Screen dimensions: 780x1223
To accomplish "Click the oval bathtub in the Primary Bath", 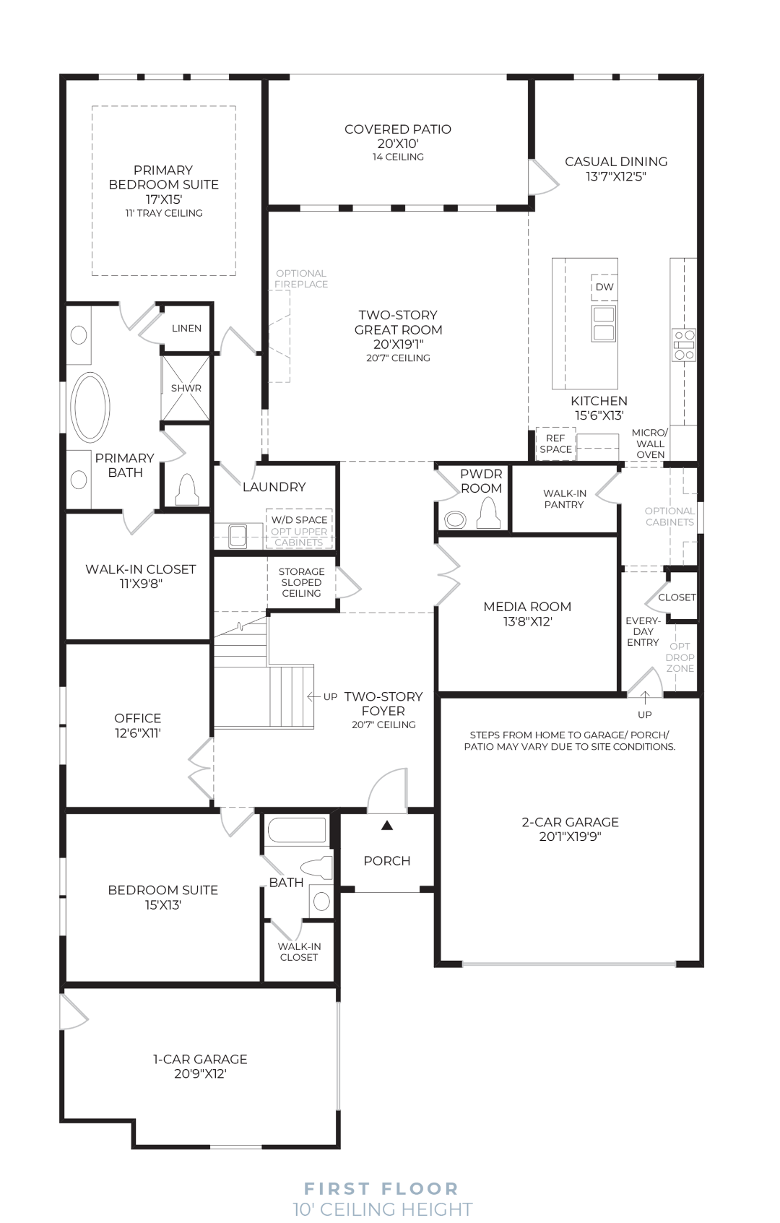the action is [x=90, y=407].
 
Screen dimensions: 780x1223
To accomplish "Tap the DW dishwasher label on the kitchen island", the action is [x=604, y=287].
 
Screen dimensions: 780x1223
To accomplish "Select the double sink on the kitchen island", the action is [x=604, y=323].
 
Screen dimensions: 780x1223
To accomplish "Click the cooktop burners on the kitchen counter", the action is [x=683, y=345].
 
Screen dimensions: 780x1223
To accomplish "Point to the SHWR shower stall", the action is [x=186, y=388].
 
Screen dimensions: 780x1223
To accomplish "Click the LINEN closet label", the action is [x=186, y=328].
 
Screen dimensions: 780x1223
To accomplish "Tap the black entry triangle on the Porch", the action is [x=387, y=825].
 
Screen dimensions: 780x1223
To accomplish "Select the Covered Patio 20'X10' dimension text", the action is [x=398, y=144].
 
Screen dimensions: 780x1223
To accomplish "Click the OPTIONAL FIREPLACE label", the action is [x=301, y=278].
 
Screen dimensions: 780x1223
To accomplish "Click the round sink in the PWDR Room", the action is [x=455, y=520].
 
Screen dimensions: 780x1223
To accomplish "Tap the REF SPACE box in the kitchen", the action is [x=555, y=444].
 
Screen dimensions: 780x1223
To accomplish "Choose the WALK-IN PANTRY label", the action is [x=564, y=498].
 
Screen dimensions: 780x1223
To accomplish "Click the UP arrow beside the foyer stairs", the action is [x=313, y=696].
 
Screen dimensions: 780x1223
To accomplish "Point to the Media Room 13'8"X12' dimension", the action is [x=528, y=621].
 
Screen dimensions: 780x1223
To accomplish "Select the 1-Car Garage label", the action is [x=200, y=1059].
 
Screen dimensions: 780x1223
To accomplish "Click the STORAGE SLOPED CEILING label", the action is [x=301, y=582].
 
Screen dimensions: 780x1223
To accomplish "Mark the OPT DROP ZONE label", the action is [x=680, y=657].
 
